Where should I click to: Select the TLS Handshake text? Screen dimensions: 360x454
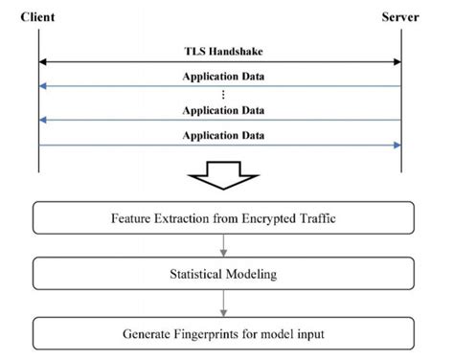pyautogui.click(x=223, y=51)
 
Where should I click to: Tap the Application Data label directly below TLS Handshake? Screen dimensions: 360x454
pyautogui.click(x=223, y=75)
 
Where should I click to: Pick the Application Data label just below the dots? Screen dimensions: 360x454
pyautogui.click(x=223, y=110)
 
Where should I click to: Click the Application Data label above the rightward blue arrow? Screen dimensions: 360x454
pyautogui.click(x=223, y=135)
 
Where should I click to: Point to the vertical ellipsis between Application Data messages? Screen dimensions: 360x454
pyautogui.click(x=222, y=94)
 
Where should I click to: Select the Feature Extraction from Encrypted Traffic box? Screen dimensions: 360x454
pyautogui.click(x=222, y=216)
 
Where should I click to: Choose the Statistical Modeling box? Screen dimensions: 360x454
pyautogui.click(x=222, y=276)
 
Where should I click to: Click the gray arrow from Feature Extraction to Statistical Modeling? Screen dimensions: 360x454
pyautogui.click(x=222, y=246)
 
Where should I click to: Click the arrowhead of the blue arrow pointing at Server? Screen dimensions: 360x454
pyautogui.click(x=396, y=146)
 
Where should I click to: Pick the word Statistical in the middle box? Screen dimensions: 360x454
pyautogui.click(x=197, y=276)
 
